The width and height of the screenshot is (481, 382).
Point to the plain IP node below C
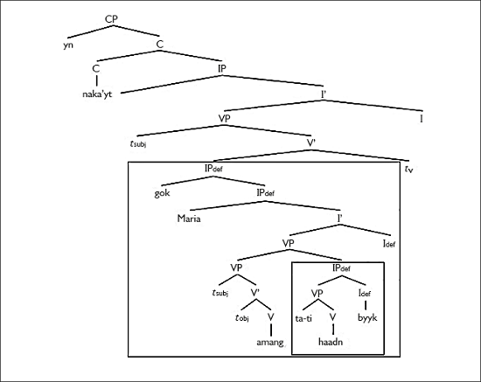(x=223, y=66)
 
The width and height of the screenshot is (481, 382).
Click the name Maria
(x=189, y=219)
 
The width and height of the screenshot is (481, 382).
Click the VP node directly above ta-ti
(x=318, y=294)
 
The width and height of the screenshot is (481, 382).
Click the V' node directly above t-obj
(x=255, y=294)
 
